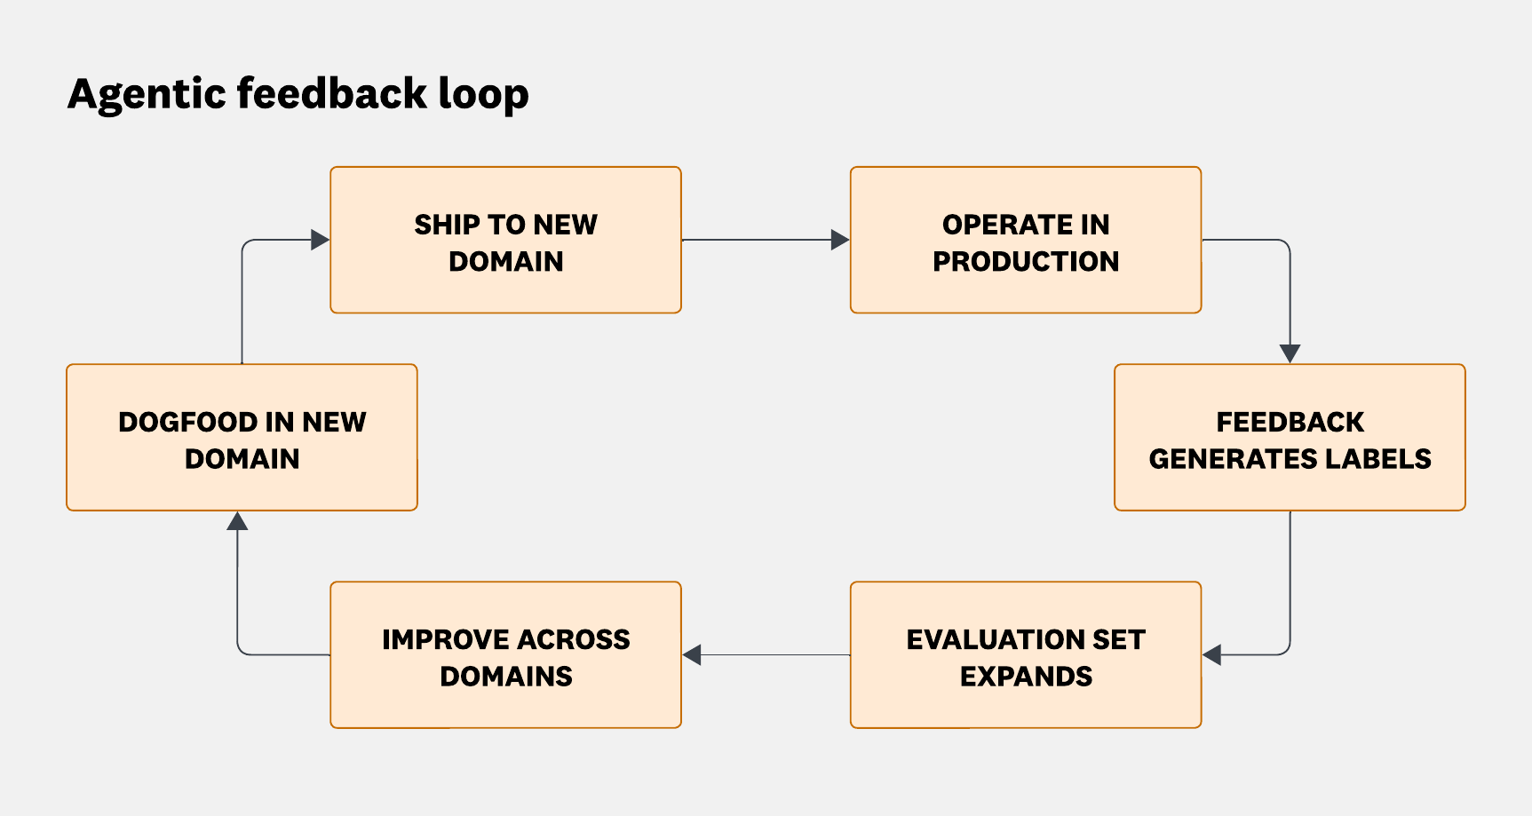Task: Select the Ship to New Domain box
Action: pos(505,241)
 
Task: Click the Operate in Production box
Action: pos(1026,241)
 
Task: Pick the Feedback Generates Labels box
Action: pos(1290,438)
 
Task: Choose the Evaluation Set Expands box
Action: pos(1026,655)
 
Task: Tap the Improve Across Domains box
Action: pos(505,655)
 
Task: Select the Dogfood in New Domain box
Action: pos(242,438)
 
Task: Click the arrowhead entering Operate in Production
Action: pos(839,240)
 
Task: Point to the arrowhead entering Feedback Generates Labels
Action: pos(1290,353)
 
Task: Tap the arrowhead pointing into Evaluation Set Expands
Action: pos(1212,655)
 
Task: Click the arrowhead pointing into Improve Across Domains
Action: pos(693,655)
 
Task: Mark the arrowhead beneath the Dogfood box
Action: pos(237,521)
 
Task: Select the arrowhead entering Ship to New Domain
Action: pos(320,240)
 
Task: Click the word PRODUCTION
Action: pos(1026,261)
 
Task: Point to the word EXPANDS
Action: pos(1026,677)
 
